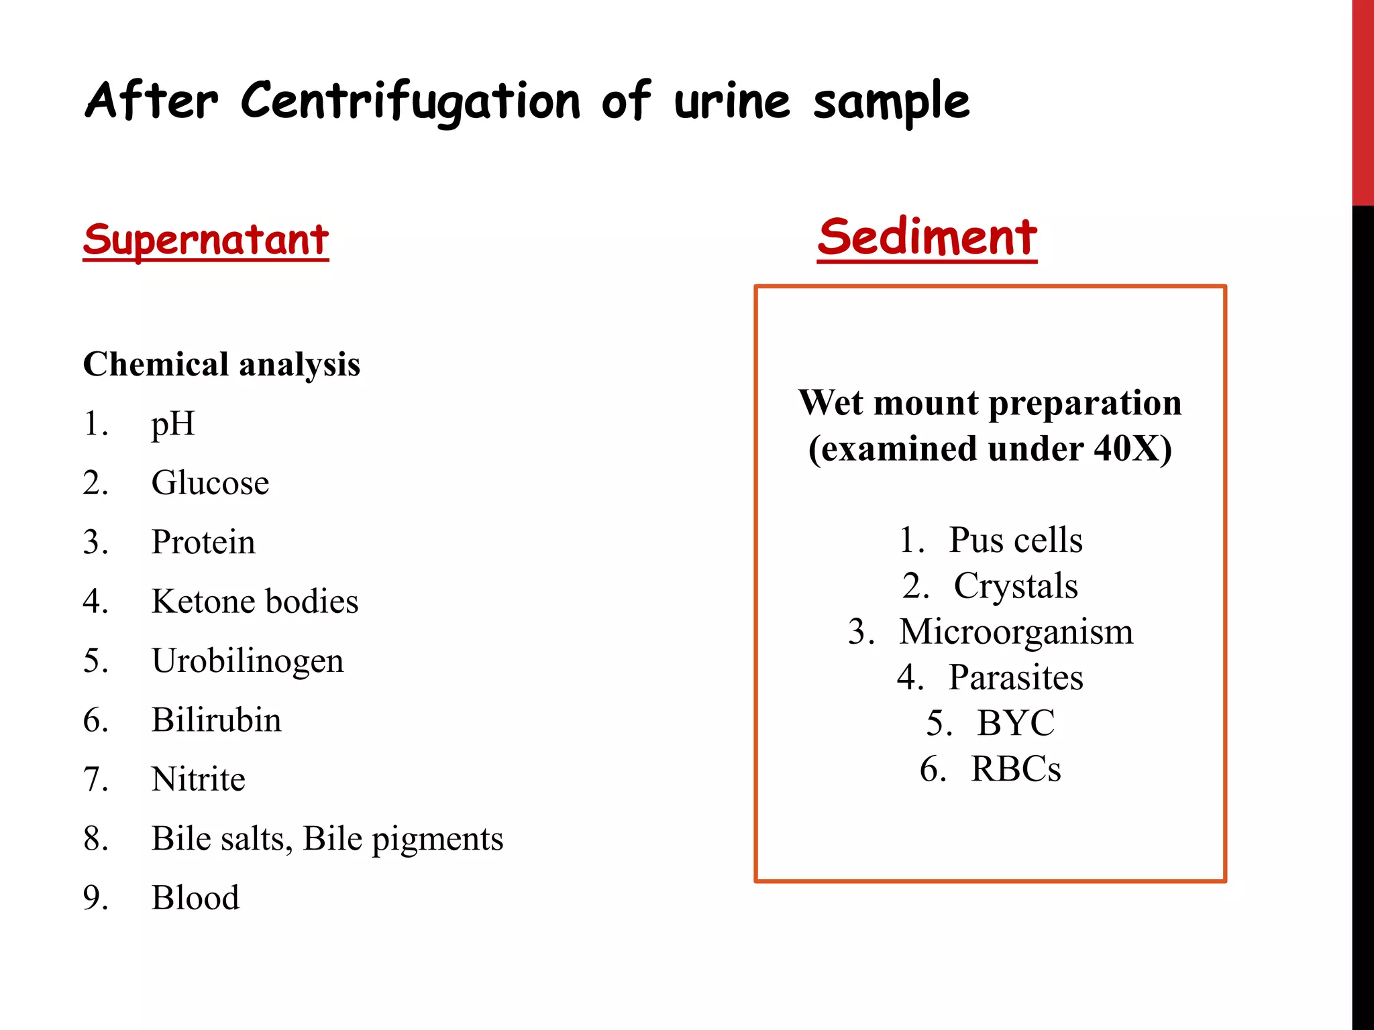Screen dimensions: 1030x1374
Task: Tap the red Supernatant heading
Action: click(x=206, y=240)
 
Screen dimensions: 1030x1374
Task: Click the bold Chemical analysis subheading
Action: click(x=221, y=365)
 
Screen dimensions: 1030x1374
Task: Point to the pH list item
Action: click(x=173, y=424)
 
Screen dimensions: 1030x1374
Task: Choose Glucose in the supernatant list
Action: click(x=210, y=483)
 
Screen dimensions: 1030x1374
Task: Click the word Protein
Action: click(x=203, y=542)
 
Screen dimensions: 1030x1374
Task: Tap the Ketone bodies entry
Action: click(x=255, y=602)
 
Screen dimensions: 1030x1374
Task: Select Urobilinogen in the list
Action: click(x=248, y=661)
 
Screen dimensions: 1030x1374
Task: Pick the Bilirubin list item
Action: click(x=216, y=720)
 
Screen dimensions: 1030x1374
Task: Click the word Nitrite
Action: click(x=199, y=779)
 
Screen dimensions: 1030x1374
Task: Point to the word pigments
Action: click(x=437, y=839)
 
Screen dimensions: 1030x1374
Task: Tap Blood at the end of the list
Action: click(x=195, y=898)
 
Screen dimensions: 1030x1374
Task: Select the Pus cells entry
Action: click(x=1015, y=540)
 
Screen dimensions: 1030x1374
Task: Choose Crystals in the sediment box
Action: click(x=1016, y=585)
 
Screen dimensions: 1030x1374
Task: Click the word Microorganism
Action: click(x=1016, y=632)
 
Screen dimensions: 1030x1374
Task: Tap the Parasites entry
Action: click(x=1015, y=677)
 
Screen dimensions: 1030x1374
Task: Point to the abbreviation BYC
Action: click(x=1015, y=723)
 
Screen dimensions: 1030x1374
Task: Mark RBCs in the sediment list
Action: click(x=1015, y=768)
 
